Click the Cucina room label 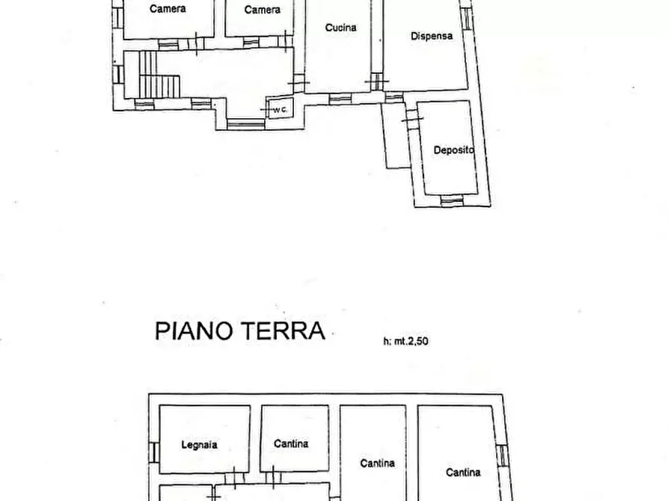point(340,28)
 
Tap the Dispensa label point(432,35)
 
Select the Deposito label point(454,150)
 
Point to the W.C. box point(280,110)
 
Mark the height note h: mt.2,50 point(405,341)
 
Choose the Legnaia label point(200,444)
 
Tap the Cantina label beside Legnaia point(291,443)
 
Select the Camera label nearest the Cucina point(263,10)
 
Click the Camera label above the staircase point(168,9)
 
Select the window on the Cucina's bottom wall point(339,97)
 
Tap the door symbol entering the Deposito point(410,118)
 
